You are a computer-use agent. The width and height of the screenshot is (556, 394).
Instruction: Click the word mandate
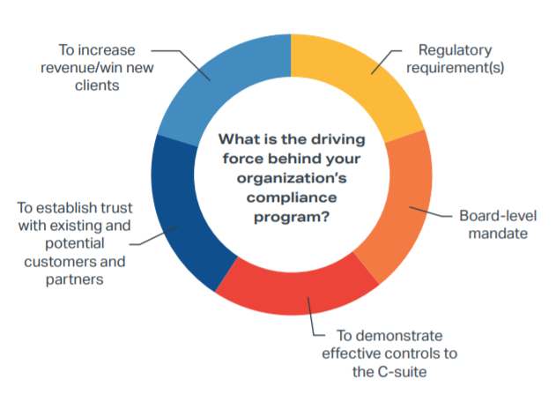point(486,234)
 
